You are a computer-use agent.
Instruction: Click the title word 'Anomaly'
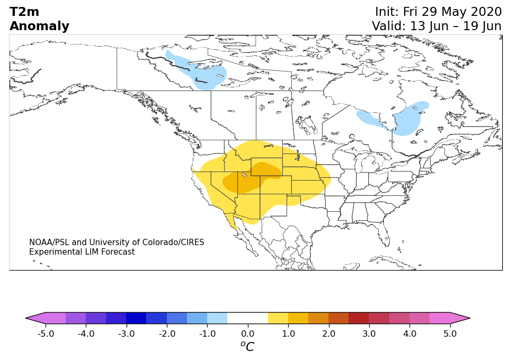[x=40, y=26]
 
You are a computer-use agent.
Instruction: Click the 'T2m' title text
[x=24, y=12]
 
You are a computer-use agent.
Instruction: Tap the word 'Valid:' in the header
[x=388, y=26]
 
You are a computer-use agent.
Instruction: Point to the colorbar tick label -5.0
[x=46, y=334]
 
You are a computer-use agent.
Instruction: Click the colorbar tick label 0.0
[x=248, y=334]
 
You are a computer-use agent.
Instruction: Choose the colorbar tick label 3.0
[x=369, y=334]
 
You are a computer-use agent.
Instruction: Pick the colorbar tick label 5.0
[x=450, y=334]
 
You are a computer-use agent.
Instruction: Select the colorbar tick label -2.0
[x=167, y=334]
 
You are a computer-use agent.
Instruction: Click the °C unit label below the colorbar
[x=247, y=346]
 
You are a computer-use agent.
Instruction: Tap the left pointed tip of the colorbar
[x=26, y=318]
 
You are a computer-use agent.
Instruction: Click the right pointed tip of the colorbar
[x=470, y=318]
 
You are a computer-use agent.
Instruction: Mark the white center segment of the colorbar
[x=248, y=318]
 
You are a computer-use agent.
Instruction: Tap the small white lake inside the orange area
[x=245, y=175]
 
